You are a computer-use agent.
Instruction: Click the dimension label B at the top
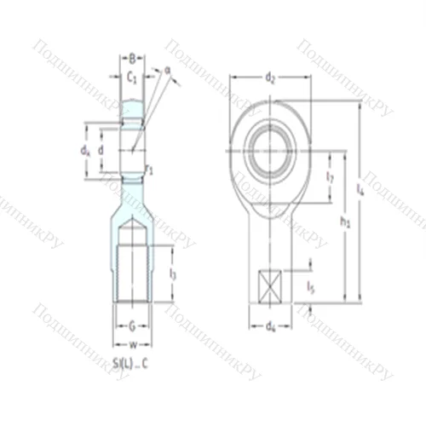(132, 59)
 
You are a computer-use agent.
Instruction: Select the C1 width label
(132, 77)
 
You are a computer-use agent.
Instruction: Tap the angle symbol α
(168, 72)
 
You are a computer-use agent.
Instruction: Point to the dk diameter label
(85, 151)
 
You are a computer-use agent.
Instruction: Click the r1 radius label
(150, 170)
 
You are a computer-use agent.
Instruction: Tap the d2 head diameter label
(270, 79)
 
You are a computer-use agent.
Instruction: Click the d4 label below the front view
(271, 325)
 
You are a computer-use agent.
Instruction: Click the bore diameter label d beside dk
(101, 151)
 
